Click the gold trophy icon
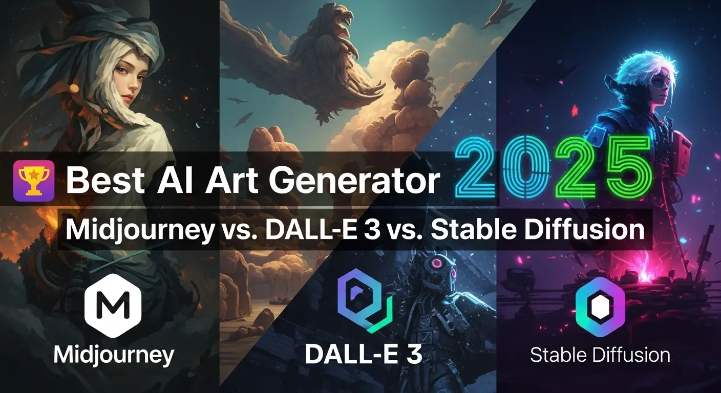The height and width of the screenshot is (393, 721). pos(34,180)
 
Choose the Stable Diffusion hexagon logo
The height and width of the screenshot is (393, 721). pos(600,307)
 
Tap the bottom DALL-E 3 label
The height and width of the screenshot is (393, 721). pos(363,354)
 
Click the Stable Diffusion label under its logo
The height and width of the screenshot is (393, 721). pos(600,355)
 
